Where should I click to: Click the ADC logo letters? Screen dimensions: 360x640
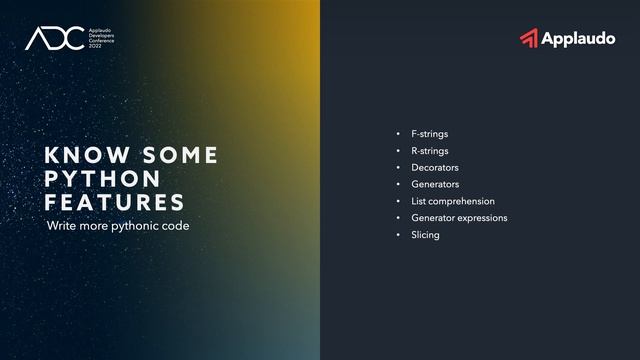(49, 39)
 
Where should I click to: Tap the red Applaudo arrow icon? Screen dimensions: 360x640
(529, 38)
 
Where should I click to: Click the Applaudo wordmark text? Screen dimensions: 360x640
(578, 39)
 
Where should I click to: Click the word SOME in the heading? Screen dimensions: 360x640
(180, 156)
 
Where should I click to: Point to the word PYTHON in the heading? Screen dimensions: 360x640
(103, 179)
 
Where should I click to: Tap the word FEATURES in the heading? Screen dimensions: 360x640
(115, 202)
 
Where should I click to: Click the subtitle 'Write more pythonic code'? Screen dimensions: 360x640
(118, 226)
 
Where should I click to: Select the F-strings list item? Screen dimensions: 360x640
(430, 134)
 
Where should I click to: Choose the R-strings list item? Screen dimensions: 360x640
(430, 151)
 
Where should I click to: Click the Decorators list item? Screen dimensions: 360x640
(435, 168)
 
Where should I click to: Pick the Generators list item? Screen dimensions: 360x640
(435, 184)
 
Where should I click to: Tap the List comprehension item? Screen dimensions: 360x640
(453, 201)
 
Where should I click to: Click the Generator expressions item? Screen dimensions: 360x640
(459, 218)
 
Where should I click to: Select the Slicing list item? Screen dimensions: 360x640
(425, 235)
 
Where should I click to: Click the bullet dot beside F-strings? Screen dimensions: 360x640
(398, 134)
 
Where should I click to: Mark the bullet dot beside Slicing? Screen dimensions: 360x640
(398, 235)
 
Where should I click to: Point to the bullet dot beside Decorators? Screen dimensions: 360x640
(398, 168)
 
